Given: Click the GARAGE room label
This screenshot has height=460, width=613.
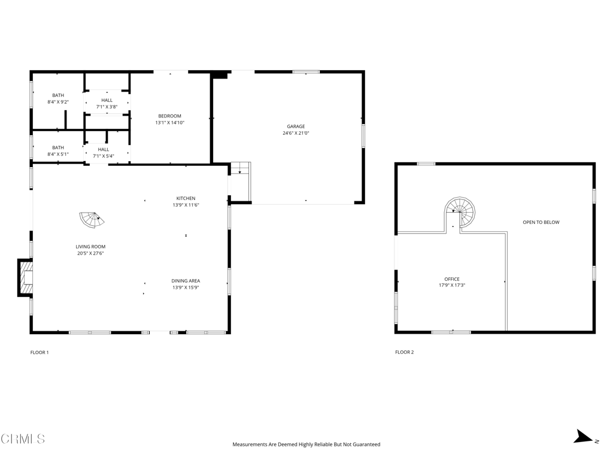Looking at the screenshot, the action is coord(296,126).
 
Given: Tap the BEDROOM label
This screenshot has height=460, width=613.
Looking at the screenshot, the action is coord(169,116).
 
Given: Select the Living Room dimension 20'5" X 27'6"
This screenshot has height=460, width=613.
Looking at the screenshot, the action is coord(90,253).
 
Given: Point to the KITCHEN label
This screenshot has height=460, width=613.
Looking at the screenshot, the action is coord(186,198).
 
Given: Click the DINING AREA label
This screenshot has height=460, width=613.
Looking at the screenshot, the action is coord(186,281).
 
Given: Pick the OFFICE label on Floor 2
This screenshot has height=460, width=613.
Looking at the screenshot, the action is coord(452,279).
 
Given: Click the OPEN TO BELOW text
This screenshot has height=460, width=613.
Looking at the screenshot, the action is coord(541,222).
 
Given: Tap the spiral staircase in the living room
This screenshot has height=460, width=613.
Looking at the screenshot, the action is coord(92,220).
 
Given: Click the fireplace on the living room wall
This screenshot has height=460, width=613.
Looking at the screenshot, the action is coord(25,278).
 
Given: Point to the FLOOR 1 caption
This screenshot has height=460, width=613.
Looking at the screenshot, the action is coord(40,352).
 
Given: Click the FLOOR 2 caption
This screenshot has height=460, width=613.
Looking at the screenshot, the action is coord(404,352).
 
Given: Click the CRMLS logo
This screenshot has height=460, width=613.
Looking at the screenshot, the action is coord(23,439).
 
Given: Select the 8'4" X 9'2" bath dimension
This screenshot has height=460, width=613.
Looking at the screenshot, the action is coord(58,102).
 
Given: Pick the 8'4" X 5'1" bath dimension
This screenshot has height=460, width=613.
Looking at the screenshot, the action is coord(58,154).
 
